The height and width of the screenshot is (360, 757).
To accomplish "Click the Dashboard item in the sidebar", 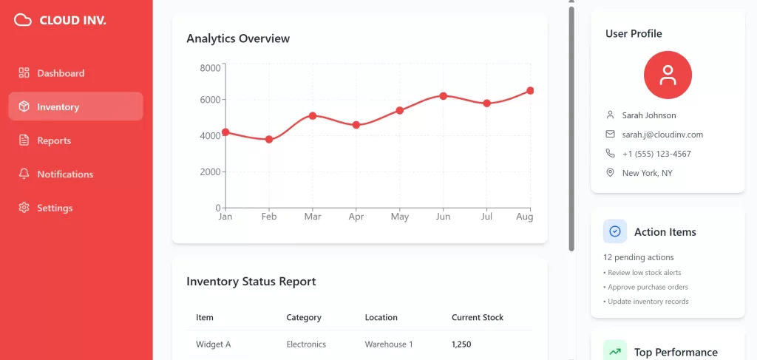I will coord(61,73).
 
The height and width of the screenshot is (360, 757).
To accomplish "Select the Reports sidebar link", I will coord(54,140).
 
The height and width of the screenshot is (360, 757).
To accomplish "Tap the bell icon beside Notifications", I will coord(24,174).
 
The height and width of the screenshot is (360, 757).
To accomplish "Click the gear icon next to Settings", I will coord(24,208).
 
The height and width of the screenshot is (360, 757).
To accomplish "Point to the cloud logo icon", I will coord(23,20).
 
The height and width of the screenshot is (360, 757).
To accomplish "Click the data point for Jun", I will coord(443,96).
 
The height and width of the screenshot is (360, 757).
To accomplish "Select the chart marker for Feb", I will coord(269,139).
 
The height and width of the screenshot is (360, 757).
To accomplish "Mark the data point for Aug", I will coord(530,91).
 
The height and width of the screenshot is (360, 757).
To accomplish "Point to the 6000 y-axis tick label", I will coord(211,100).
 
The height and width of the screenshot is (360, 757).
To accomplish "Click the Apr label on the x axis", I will coord(356,217).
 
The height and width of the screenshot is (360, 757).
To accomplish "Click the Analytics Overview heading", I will coord(238,38).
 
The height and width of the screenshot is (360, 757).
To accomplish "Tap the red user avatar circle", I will coord(668,75).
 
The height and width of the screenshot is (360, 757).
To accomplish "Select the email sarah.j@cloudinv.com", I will coord(662,135).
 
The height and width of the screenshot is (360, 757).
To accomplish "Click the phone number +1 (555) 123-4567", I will coord(656,154).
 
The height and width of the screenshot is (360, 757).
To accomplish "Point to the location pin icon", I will coord(610,173).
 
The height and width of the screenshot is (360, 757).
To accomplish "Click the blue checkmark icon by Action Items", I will coord(615,231).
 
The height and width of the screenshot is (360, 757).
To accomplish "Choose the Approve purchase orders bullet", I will coord(648,287).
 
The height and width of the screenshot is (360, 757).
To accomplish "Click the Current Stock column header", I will coord(478,317).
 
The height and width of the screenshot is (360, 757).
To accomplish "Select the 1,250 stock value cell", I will coord(461,344).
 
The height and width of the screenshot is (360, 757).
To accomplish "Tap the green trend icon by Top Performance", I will coord(615,351).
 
